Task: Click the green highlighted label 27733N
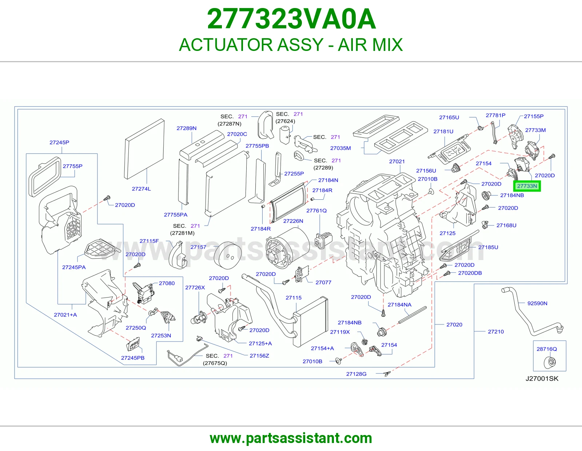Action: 527,186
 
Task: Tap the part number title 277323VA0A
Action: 291,19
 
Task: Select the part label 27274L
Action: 141,189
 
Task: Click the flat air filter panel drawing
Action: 145,149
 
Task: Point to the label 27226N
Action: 293,221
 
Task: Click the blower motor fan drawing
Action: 287,248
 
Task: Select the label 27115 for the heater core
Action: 293,298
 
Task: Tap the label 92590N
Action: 537,303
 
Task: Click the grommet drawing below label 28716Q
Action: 550,362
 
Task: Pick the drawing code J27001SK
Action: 542,378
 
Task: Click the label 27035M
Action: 340,148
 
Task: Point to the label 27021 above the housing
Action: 396,161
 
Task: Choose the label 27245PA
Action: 74,267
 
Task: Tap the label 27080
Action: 167,283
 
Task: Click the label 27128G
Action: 356,374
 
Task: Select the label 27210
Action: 496,331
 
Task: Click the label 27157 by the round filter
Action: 198,247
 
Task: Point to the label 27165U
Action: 449,117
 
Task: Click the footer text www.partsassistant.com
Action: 291,438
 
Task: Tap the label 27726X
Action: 195,287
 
